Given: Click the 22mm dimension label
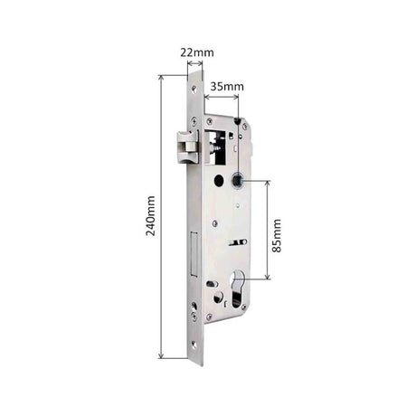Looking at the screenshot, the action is [x=197, y=52].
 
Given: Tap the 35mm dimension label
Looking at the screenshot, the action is [x=227, y=87].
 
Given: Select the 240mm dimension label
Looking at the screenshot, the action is [x=150, y=216].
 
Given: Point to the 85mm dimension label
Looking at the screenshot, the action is [x=277, y=236].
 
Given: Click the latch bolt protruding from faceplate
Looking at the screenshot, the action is [x=187, y=147].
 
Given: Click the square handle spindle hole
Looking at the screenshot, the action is [x=238, y=180].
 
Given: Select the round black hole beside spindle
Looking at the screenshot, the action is [x=218, y=181].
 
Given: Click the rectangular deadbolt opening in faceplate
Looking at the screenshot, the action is [x=194, y=254].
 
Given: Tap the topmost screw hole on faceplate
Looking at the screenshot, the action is [x=194, y=89].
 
